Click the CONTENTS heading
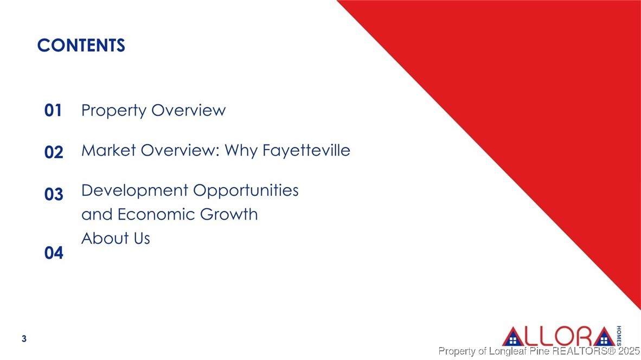[x=81, y=46]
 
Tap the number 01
[x=53, y=110]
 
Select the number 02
[x=54, y=152]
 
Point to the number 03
[x=54, y=194]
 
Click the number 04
[x=54, y=253]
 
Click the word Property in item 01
[x=114, y=111]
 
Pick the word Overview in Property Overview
[x=189, y=110]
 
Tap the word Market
[x=109, y=150]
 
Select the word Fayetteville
[x=306, y=150]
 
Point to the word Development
[x=134, y=191]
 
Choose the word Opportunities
[x=246, y=191]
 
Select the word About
[x=104, y=238]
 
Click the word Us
[x=141, y=238]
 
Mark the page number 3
[x=24, y=338]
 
